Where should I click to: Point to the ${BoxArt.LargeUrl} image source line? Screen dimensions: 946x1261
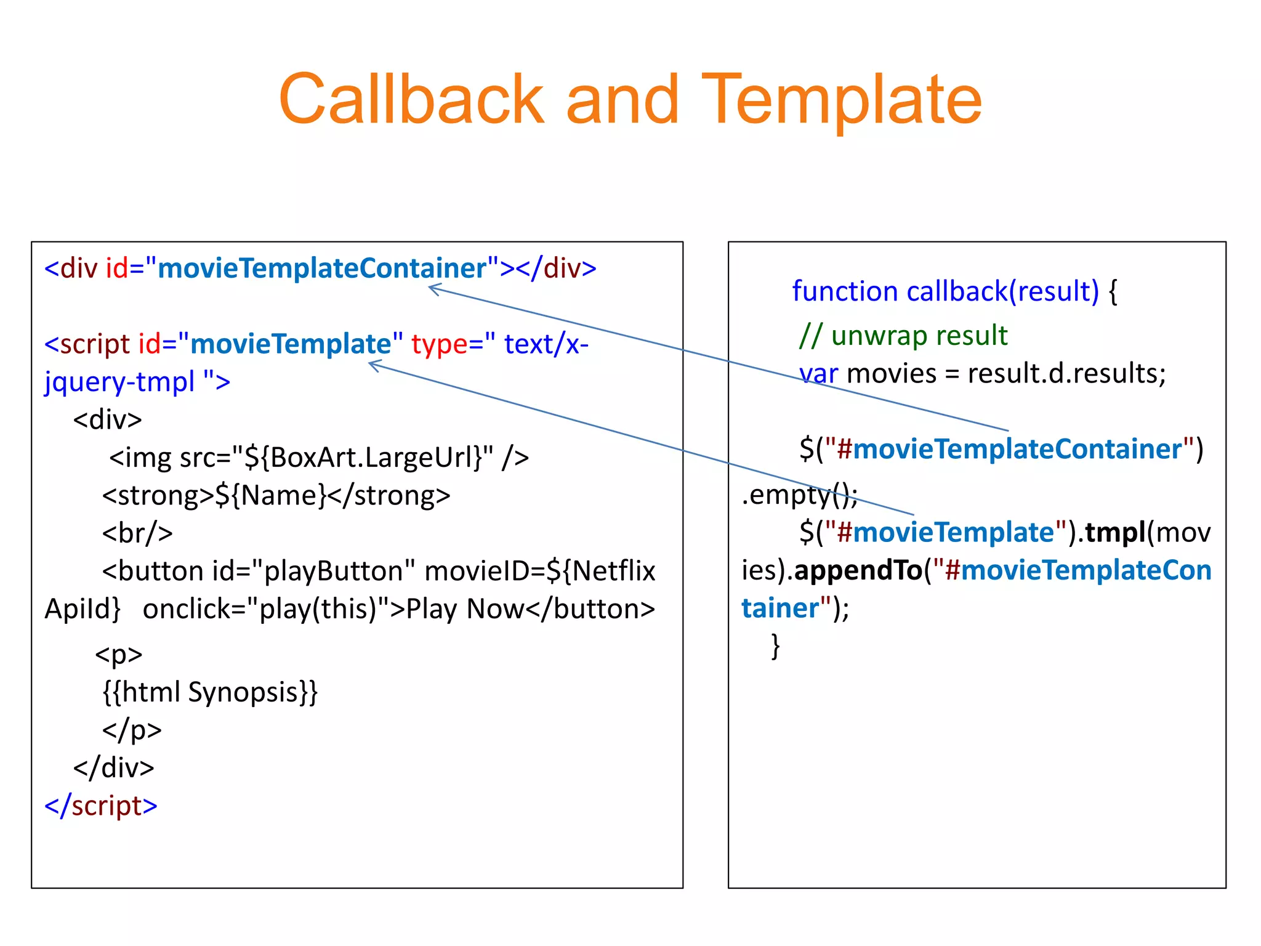[319, 458]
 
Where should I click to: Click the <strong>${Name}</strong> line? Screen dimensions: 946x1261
[276, 496]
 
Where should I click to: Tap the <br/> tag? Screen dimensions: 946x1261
[137, 533]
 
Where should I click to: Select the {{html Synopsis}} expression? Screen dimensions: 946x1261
[210, 692]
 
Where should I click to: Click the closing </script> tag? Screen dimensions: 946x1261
[101, 806]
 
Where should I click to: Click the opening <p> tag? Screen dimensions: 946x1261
[119, 654]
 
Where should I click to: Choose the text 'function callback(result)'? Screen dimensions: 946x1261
[945, 291]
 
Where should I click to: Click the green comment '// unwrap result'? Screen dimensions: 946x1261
[903, 336]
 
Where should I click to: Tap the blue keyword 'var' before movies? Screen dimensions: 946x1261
[818, 374]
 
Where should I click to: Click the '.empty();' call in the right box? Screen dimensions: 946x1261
[799, 495]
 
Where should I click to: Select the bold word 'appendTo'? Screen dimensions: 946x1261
[858, 570]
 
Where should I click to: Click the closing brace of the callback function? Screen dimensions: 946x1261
[776, 646]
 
